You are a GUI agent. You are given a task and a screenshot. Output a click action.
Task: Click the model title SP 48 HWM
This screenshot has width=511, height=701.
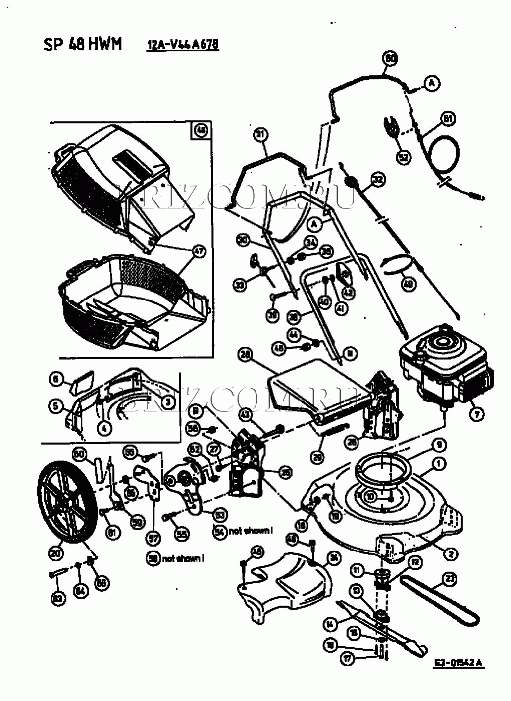click(82, 44)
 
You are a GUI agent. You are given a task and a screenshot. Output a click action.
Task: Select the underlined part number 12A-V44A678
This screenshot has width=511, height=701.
click(183, 45)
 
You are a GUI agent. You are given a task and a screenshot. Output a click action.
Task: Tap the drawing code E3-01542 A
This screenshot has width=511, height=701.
click(459, 663)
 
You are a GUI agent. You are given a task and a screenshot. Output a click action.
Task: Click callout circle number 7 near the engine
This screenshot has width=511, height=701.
click(476, 414)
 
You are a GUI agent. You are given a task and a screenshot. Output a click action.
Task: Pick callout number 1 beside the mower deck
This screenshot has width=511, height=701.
click(439, 464)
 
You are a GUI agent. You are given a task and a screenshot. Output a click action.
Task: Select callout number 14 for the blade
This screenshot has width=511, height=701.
click(331, 624)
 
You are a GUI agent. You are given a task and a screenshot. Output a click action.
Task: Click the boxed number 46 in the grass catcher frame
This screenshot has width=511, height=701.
click(201, 131)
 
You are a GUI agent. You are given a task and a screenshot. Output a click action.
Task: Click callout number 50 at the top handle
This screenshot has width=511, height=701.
click(390, 59)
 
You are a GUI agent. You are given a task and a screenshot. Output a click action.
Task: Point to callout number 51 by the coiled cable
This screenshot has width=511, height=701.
click(448, 119)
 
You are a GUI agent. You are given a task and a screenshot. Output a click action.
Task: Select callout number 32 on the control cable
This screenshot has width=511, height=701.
click(378, 179)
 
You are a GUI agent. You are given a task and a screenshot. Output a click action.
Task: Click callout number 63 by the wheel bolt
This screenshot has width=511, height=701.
click(58, 599)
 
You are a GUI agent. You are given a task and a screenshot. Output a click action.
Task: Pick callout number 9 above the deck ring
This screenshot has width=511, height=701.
click(438, 445)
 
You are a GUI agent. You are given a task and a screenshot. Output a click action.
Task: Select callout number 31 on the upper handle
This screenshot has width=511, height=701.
click(260, 134)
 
